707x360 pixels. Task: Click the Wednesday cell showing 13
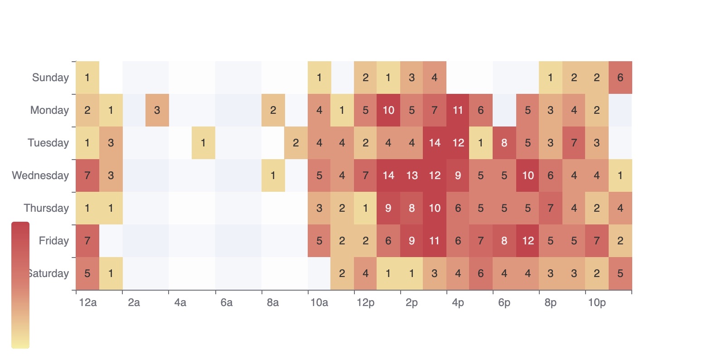pyautogui.click(x=412, y=175)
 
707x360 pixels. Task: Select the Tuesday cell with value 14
pyautogui.click(x=435, y=143)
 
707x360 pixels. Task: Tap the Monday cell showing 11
pyautogui.click(x=458, y=110)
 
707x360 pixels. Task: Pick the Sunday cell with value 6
pyautogui.click(x=620, y=78)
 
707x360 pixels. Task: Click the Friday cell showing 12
pyautogui.click(x=528, y=241)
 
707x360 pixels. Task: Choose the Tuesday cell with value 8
pyautogui.click(x=504, y=143)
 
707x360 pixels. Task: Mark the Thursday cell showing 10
pyautogui.click(x=435, y=208)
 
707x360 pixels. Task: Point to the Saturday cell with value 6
pyautogui.click(x=481, y=273)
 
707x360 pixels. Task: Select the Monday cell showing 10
pyautogui.click(x=388, y=110)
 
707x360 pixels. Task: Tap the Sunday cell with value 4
pyautogui.click(x=435, y=78)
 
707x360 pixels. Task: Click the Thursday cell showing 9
pyautogui.click(x=388, y=208)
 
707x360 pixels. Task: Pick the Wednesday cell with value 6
pyautogui.click(x=551, y=175)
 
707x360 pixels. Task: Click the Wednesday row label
pyautogui.click(x=40, y=175)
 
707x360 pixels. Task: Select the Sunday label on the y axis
pyautogui.click(x=50, y=78)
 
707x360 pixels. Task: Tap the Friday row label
pyautogui.click(x=53, y=241)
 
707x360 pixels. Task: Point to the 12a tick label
pyautogui.click(x=87, y=302)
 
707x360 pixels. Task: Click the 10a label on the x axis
pyautogui.click(x=319, y=302)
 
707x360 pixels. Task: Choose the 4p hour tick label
pyautogui.click(x=458, y=302)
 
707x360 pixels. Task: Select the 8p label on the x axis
pyautogui.click(x=551, y=302)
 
